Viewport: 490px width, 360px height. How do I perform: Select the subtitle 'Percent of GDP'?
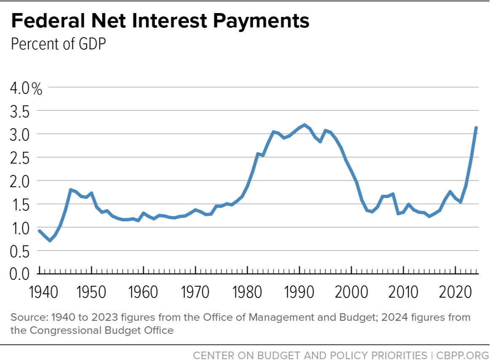(x=58, y=44)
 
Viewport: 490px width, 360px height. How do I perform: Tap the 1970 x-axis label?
(x=195, y=292)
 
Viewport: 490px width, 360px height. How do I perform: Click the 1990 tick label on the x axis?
(x=300, y=292)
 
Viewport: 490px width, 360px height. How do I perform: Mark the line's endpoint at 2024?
(x=476, y=128)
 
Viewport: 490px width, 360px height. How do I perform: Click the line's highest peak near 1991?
(x=305, y=125)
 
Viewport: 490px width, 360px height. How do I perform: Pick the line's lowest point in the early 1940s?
(x=50, y=240)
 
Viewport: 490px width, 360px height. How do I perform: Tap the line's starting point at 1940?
(x=40, y=231)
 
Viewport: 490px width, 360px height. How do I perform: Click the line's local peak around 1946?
(x=70, y=190)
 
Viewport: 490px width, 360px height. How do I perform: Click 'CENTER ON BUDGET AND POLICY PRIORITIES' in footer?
(x=310, y=355)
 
